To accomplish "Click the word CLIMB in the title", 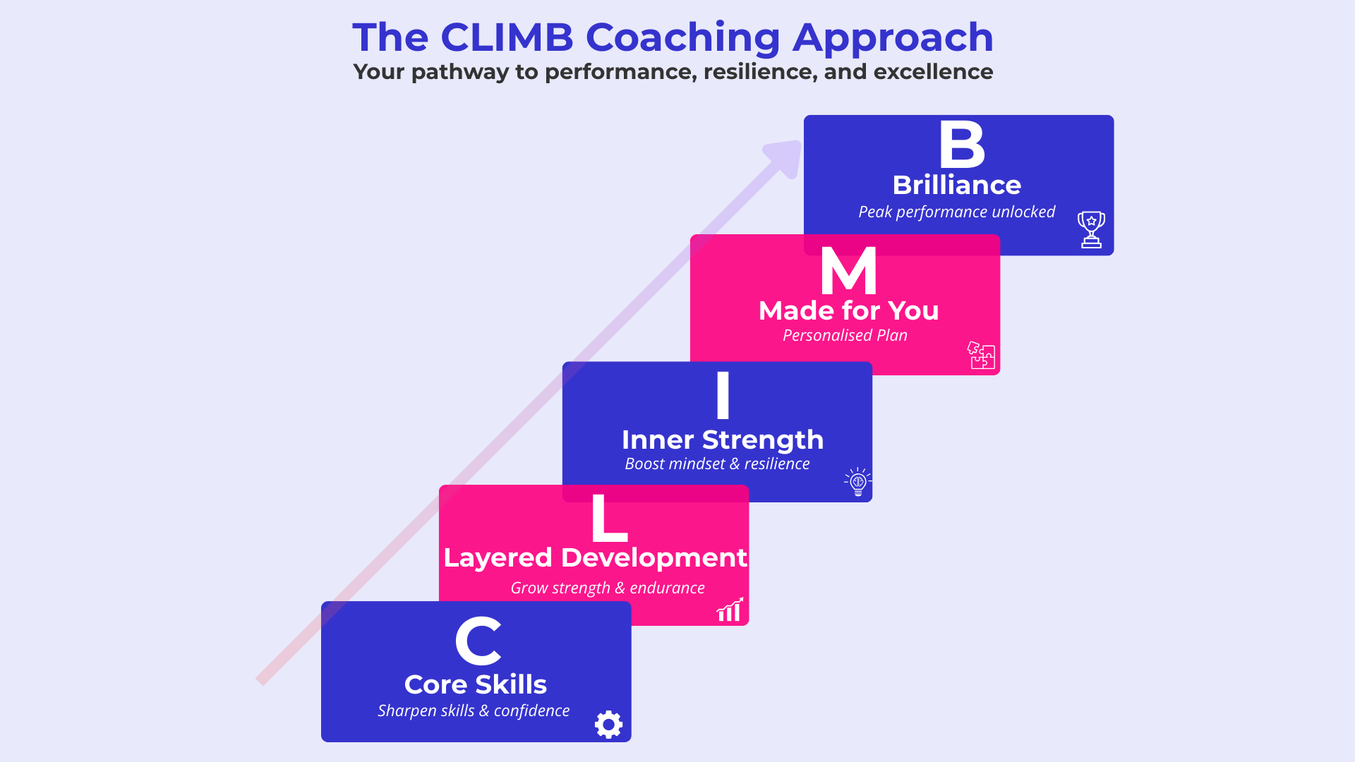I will (507, 37).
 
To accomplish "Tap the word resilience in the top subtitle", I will (759, 72).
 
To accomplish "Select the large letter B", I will (961, 144).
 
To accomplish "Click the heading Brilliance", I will (956, 185).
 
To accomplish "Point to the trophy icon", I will (1091, 229).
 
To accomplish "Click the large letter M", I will (848, 271).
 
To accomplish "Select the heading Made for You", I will (848, 310).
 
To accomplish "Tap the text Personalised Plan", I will (845, 335).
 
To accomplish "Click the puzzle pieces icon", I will (981, 355).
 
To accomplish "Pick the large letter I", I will (722, 395).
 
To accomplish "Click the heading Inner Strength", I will (722, 440).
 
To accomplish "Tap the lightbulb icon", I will (858, 482).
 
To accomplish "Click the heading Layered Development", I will (594, 557).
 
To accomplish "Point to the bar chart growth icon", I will (730, 610).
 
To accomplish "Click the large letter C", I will (478, 641).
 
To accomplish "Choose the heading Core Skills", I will (475, 684).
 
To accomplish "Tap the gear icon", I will (608, 725).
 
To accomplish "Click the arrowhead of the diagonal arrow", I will (786, 157).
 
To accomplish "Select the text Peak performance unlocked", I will (956, 212).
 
